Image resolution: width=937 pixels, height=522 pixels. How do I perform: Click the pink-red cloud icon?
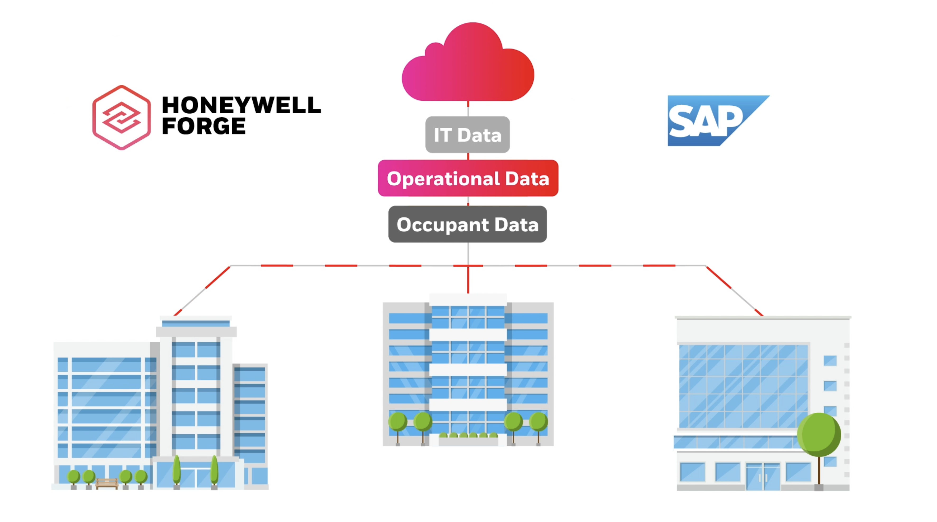click(468, 66)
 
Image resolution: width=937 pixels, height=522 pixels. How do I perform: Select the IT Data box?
click(467, 134)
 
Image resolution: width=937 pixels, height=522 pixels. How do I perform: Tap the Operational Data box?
click(468, 178)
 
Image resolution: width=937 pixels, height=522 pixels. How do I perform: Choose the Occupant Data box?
click(467, 224)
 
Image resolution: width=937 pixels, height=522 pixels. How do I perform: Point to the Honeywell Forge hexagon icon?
click(122, 118)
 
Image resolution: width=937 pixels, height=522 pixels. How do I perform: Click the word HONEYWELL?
click(241, 105)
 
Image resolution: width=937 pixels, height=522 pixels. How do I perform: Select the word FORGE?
click(204, 126)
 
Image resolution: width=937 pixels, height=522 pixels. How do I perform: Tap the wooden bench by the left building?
click(106, 483)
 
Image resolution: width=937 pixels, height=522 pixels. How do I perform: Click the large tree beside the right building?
click(819, 435)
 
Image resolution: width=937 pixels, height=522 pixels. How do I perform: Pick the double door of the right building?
click(763, 477)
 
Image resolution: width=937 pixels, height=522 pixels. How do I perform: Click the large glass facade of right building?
click(743, 386)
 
